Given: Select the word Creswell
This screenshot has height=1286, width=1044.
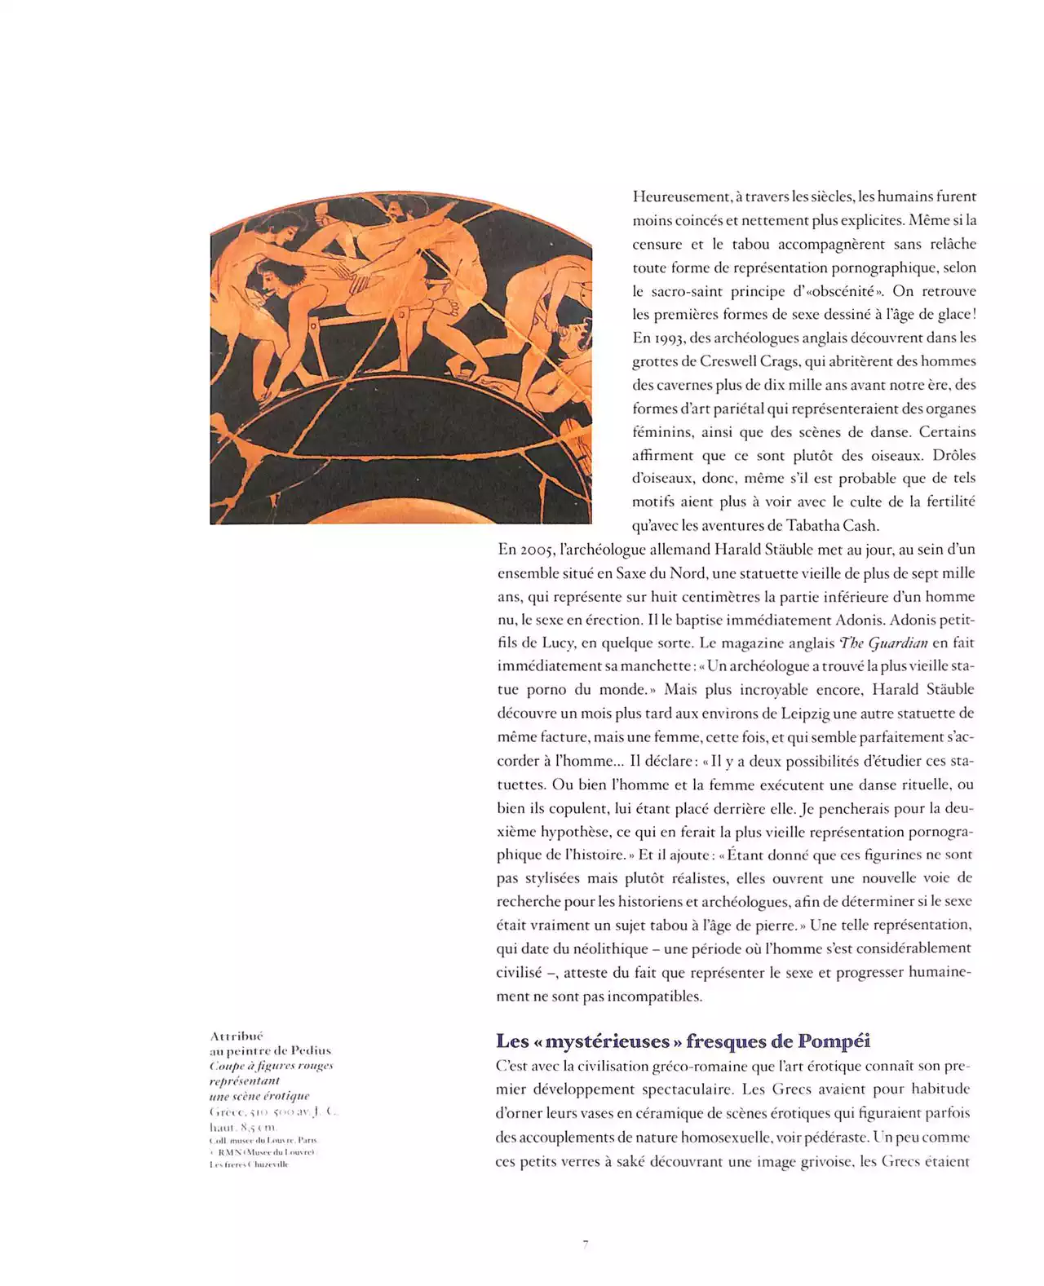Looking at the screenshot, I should (x=730, y=361).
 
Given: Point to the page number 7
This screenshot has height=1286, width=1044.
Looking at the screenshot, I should (x=586, y=1244).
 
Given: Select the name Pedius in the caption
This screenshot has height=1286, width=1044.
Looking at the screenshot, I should (x=311, y=1051).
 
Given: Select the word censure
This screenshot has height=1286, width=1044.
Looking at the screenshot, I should (x=657, y=244).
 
